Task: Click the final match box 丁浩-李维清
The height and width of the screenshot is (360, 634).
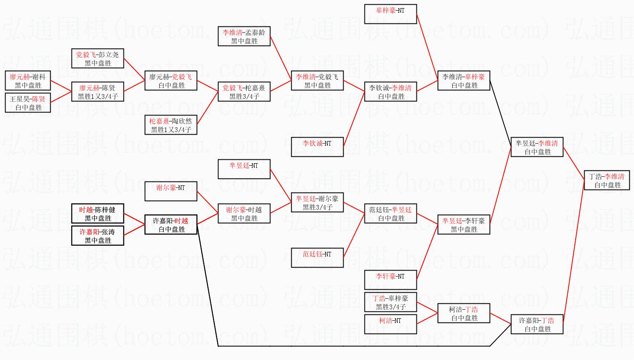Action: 607,181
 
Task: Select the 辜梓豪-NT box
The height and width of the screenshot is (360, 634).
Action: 390,14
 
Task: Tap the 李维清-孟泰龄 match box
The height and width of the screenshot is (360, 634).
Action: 244,37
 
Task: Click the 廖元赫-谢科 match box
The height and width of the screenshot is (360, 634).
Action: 28,81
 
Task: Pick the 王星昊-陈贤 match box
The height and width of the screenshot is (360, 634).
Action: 28,103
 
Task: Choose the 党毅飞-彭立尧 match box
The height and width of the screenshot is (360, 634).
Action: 98,59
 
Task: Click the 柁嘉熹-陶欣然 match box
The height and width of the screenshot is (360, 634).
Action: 171,125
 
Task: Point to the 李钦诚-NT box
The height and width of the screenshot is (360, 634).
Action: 317,147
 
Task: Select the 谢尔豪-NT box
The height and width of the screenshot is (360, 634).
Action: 171,191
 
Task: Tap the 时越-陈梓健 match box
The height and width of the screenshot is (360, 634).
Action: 98,214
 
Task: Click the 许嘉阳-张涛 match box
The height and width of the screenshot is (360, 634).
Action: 98,236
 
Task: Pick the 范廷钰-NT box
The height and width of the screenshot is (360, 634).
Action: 317,258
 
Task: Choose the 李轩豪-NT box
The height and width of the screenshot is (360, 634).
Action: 390,280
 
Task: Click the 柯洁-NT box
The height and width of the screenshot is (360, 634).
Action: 390,324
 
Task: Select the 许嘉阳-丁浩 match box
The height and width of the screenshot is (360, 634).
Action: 536,325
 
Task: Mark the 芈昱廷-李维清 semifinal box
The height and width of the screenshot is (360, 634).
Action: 536,147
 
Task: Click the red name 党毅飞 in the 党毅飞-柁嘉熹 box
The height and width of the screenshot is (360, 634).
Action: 232,88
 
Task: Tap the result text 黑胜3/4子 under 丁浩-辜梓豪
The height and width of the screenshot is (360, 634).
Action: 390,307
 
